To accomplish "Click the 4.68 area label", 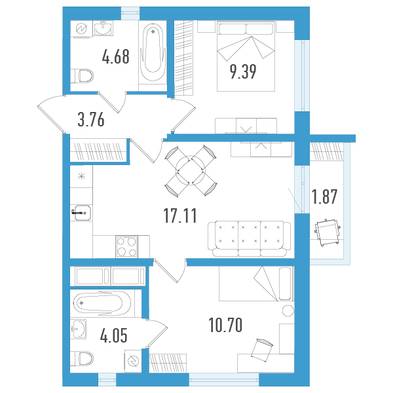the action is click(x=116, y=56).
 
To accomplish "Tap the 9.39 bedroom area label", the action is click(x=243, y=71).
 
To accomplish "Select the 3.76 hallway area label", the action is click(x=91, y=120).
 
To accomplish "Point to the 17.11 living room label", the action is click(x=180, y=215).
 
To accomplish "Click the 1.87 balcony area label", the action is click(x=324, y=196).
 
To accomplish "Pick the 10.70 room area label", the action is click(x=225, y=325).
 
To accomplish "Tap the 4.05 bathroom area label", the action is click(x=114, y=335).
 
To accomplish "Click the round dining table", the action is click(x=191, y=170).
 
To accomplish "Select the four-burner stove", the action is click(x=126, y=246).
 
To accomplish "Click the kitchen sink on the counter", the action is click(x=83, y=213).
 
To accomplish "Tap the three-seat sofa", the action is click(x=249, y=238).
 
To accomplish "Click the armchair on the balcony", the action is click(x=327, y=233).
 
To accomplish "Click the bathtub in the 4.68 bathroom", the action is click(x=153, y=52).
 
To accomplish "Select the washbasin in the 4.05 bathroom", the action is click(x=79, y=329).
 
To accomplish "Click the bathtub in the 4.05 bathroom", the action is click(x=102, y=303).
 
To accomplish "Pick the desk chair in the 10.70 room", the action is click(x=261, y=349).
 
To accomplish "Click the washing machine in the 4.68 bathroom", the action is click(x=81, y=29).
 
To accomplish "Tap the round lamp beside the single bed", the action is click(x=288, y=311).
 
